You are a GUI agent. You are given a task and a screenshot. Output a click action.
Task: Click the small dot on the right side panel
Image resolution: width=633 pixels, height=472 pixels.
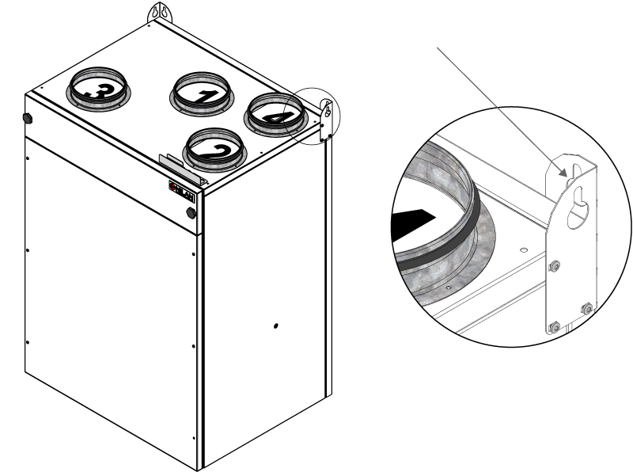[x=275, y=325]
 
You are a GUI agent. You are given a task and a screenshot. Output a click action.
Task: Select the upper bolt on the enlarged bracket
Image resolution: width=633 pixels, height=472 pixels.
[x=555, y=265]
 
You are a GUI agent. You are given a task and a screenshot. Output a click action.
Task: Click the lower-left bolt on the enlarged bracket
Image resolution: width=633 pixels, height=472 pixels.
[x=554, y=325]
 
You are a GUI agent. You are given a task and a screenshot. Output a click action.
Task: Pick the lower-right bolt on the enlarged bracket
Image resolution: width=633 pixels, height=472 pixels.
[x=586, y=308]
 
